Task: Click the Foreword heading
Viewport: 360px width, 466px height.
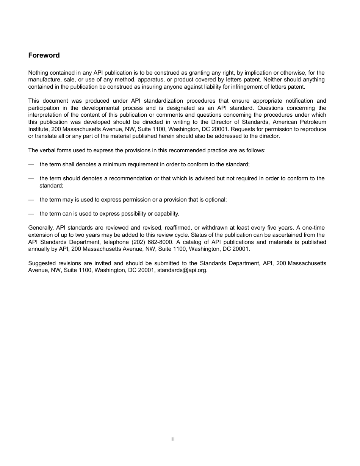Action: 44,55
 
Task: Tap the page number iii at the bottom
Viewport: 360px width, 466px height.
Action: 173,439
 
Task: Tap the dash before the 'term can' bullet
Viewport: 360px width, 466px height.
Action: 31,214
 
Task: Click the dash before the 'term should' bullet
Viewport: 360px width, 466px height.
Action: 31,178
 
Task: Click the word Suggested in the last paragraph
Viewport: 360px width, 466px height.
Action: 42,263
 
